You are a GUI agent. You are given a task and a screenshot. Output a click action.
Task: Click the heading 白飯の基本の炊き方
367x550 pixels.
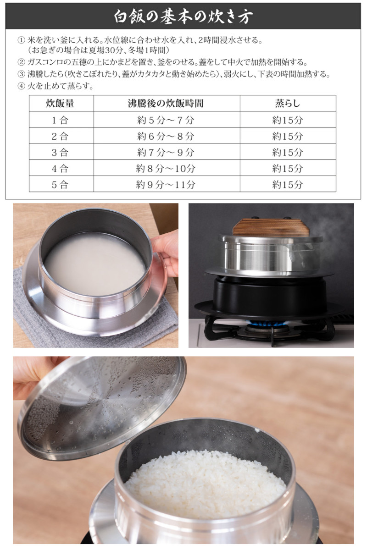tap(183, 16)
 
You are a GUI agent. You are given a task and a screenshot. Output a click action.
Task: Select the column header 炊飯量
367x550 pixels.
tap(60, 104)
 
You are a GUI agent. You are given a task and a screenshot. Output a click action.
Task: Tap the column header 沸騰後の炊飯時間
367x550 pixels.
tap(166, 104)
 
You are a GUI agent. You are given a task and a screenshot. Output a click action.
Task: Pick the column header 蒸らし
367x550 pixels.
tap(288, 104)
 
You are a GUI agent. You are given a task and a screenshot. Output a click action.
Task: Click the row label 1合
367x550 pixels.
tap(60, 120)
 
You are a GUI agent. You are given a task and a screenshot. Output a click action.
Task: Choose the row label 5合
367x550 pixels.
tap(60, 184)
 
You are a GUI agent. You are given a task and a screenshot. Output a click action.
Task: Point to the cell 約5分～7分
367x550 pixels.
tap(166, 120)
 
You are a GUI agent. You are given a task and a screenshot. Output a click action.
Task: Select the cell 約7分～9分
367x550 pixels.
tap(166, 152)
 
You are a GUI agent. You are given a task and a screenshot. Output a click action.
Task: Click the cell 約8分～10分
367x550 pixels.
tap(166, 168)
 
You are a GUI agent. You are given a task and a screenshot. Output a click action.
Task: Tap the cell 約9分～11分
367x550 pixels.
tap(166, 184)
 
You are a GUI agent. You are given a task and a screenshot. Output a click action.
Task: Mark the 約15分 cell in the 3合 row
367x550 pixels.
tap(288, 152)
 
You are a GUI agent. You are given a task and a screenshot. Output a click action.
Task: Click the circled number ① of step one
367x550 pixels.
tap(20, 41)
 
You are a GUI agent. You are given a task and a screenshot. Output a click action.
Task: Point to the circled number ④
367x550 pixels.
tap(20, 85)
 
